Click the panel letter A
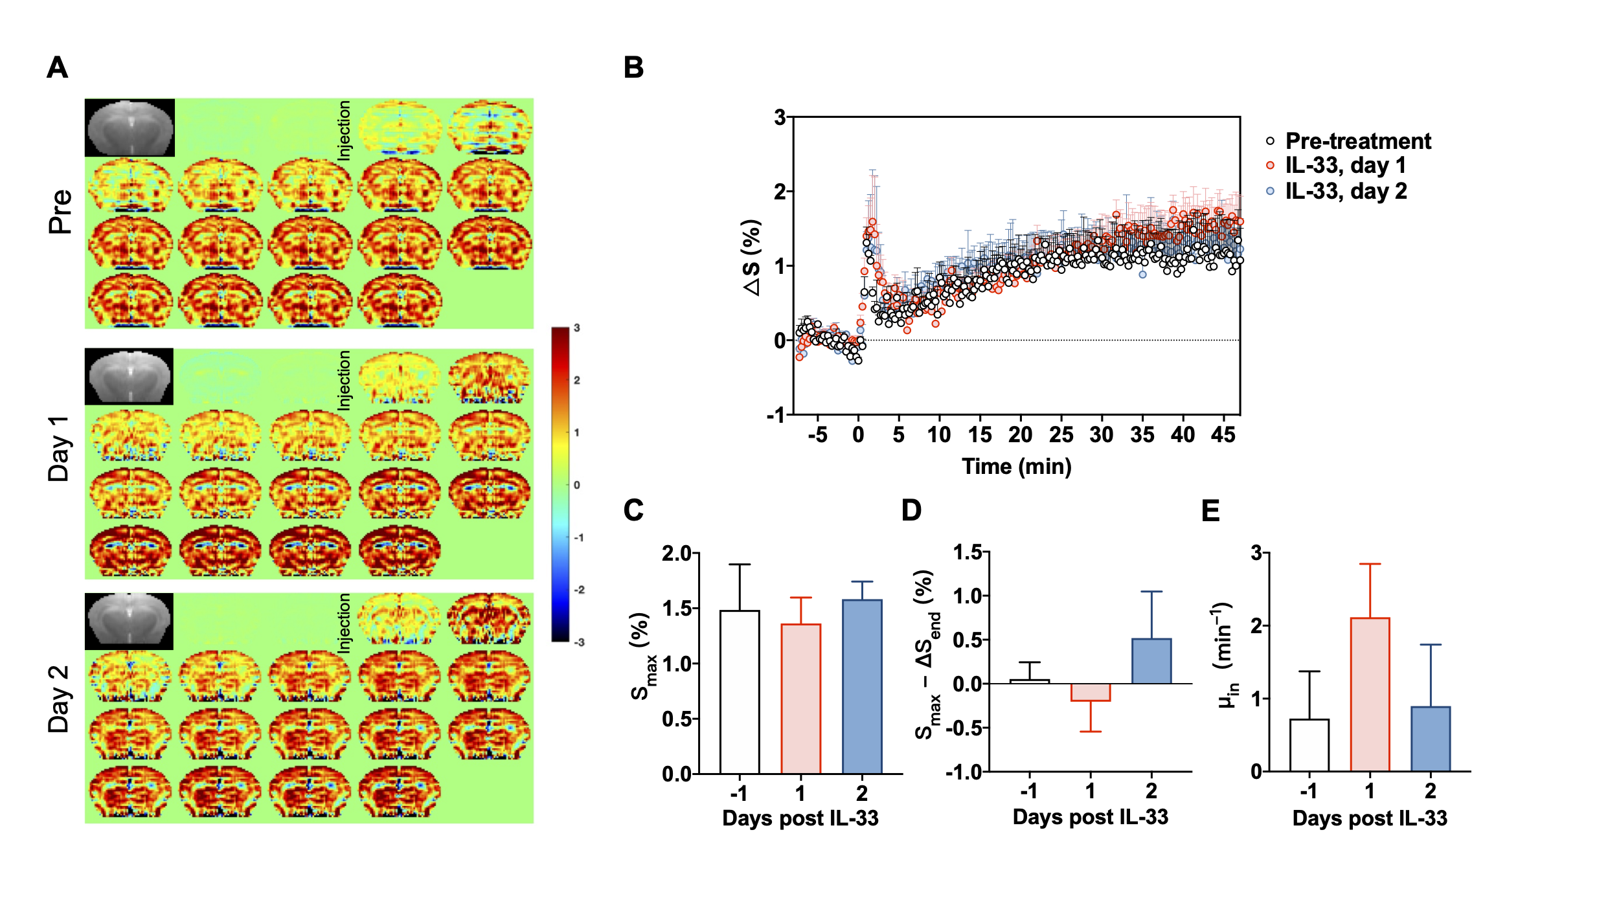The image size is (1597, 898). coord(58,67)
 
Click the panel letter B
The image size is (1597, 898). coord(633,67)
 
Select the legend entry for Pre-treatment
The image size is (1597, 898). coord(1357,141)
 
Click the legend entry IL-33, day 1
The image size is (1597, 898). coord(1345,166)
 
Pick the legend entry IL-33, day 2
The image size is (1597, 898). coord(1346,191)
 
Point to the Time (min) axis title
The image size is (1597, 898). coord(1016,466)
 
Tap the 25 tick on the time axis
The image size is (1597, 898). coord(1061,434)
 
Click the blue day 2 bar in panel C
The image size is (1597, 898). coord(862,686)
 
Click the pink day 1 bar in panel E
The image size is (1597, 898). coord(1370,694)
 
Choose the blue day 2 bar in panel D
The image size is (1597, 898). coord(1151,661)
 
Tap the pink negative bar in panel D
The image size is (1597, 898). coord(1091,692)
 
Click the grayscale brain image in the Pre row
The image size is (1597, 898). coord(130,128)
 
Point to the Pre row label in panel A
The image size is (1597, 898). coord(61,212)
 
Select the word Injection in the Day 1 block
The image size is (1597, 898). coord(344,380)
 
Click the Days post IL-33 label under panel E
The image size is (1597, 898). coord(1370,818)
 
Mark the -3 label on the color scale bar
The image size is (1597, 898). coord(578,642)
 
